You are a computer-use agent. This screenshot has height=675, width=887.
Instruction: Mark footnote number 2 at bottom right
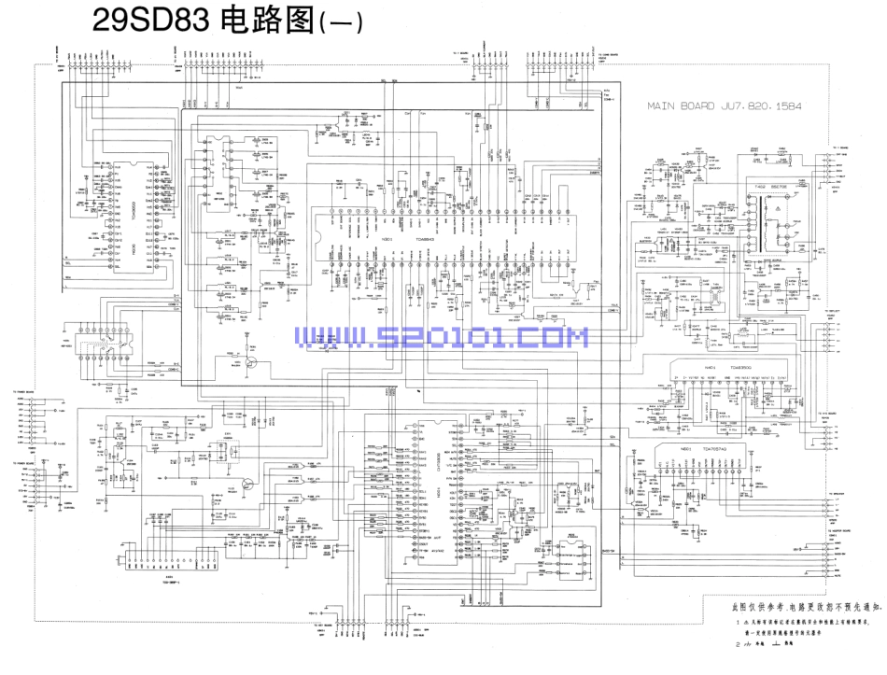(x=739, y=644)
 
